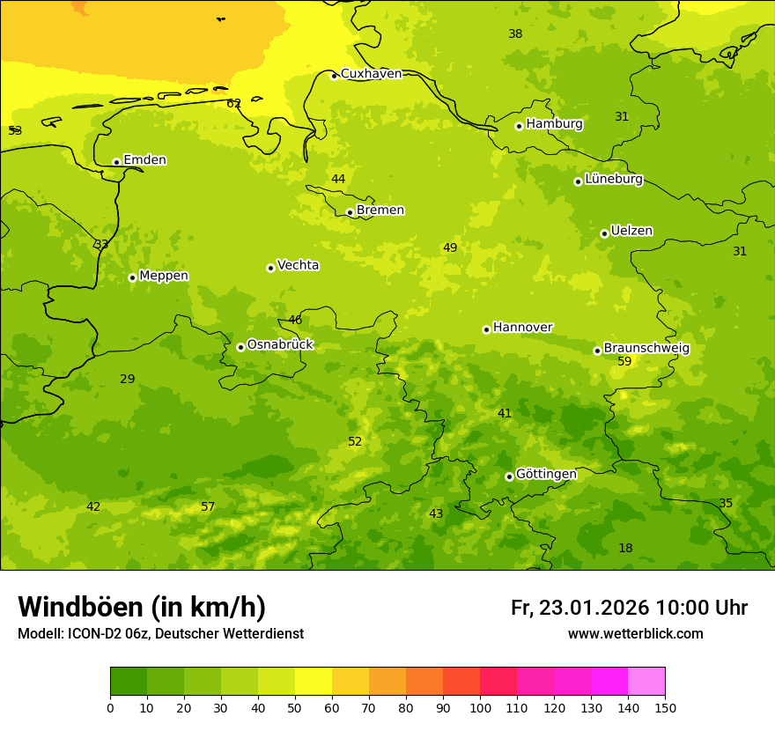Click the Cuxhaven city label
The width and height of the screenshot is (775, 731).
click(x=371, y=74)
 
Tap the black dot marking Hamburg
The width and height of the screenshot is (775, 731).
click(x=519, y=126)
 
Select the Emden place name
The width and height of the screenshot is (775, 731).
click(x=144, y=160)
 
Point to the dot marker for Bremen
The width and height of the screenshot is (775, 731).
click(x=350, y=212)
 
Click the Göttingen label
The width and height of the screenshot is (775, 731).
click(x=546, y=475)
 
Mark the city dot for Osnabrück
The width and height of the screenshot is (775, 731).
click(x=240, y=347)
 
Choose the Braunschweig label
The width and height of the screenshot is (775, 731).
click(x=646, y=349)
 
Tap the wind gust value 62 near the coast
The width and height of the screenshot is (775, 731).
click(x=233, y=104)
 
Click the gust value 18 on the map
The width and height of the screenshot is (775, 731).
click(x=625, y=549)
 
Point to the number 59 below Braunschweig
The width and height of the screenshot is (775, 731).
click(x=624, y=362)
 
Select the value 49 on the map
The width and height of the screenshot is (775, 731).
click(x=450, y=248)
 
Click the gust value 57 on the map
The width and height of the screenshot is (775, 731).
click(x=208, y=507)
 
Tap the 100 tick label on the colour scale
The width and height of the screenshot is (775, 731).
click(x=480, y=707)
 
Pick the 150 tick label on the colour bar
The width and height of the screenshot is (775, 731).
click(x=665, y=707)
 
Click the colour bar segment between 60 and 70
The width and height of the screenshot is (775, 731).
click(x=351, y=682)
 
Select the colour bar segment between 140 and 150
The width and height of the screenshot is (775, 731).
click(x=646, y=682)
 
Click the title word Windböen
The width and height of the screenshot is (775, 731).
click(x=80, y=607)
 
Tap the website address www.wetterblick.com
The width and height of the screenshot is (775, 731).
click(x=635, y=634)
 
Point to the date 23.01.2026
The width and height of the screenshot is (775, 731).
click(x=593, y=608)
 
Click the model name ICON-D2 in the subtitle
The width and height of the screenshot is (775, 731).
click(x=95, y=634)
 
